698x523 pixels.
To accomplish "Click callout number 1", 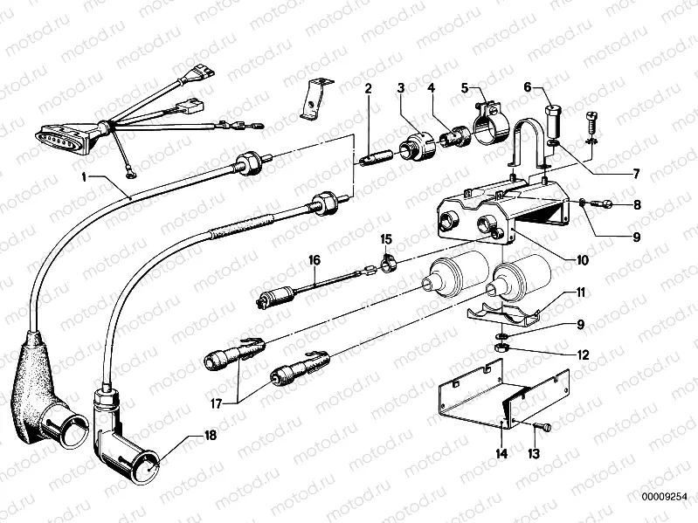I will click(86, 177).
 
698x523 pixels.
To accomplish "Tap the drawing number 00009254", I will click(661, 497).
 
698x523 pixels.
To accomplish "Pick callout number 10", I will click(582, 259).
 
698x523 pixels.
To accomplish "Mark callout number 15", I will click(385, 237).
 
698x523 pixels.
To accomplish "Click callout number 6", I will click(528, 86).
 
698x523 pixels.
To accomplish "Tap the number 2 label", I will click(369, 88).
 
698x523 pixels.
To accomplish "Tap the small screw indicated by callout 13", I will click(543, 426).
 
